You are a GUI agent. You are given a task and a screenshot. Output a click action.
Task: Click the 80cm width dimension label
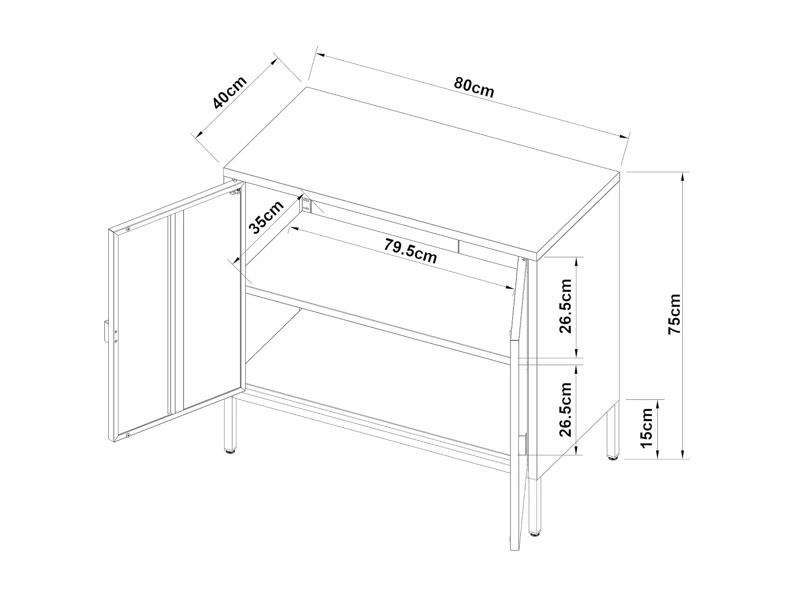[474, 87]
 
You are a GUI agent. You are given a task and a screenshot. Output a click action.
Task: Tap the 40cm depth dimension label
[229, 92]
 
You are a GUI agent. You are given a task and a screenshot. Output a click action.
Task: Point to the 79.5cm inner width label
[411, 251]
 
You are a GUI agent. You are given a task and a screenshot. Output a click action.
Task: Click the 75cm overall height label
[675, 314]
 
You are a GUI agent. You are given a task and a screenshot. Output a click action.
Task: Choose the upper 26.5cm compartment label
[566, 306]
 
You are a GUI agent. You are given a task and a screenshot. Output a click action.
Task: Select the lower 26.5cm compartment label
[566, 410]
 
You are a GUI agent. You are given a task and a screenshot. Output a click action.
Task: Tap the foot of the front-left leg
[229, 452]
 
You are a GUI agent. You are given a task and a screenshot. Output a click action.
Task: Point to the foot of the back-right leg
[612, 458]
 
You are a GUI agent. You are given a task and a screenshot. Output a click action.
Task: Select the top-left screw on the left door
[128, 229]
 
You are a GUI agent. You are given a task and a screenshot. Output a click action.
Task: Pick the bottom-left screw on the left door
[128, 436]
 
